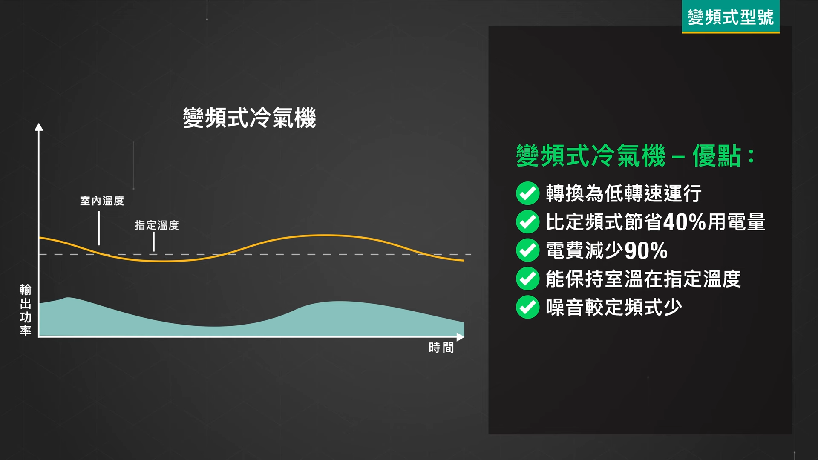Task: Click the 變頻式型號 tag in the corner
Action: pos(730,17)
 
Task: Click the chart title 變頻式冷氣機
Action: pos(249,118)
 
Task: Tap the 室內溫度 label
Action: pos(102,201)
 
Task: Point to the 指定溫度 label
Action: pos(157,225)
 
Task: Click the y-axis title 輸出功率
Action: pos(26,310)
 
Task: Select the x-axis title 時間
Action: pos(441,348)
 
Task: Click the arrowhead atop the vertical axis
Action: pos(39,127)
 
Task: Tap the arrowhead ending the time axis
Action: pos(460,337)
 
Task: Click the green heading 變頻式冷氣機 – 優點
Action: pos(635,156)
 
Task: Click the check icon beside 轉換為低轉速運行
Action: pos(527,193)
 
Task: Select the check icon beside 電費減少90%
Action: pos(527,250)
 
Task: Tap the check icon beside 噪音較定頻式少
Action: pos(527,307)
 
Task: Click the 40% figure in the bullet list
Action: pos(685,222)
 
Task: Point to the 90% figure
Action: pos(646,250)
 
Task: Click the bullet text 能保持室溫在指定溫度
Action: pos(643,279)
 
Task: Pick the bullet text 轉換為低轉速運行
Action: pos(623,193)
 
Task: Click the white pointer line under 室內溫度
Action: pos(99,228)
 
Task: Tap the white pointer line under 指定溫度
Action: pos(154,242)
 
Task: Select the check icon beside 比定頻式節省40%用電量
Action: pos(527,221)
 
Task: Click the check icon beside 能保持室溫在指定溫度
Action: pos(527,279)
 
